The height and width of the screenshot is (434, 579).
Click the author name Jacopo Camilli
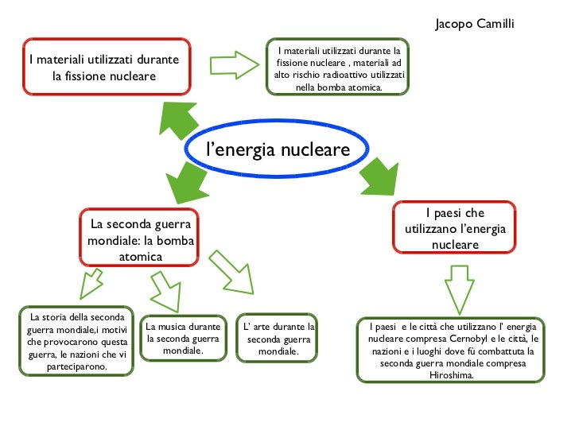pyautogui.click(x=475, y=24)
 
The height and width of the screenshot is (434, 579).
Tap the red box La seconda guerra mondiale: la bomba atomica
pyautogui.click(x=140, y=237)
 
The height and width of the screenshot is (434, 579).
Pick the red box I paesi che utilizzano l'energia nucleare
pyautogui.click(x=454, y=229)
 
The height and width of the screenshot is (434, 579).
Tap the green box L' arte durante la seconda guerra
pyautogui.click(x=278, y=339)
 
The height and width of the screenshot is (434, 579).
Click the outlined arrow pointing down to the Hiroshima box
pyautogui.click(x=459, y=288)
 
